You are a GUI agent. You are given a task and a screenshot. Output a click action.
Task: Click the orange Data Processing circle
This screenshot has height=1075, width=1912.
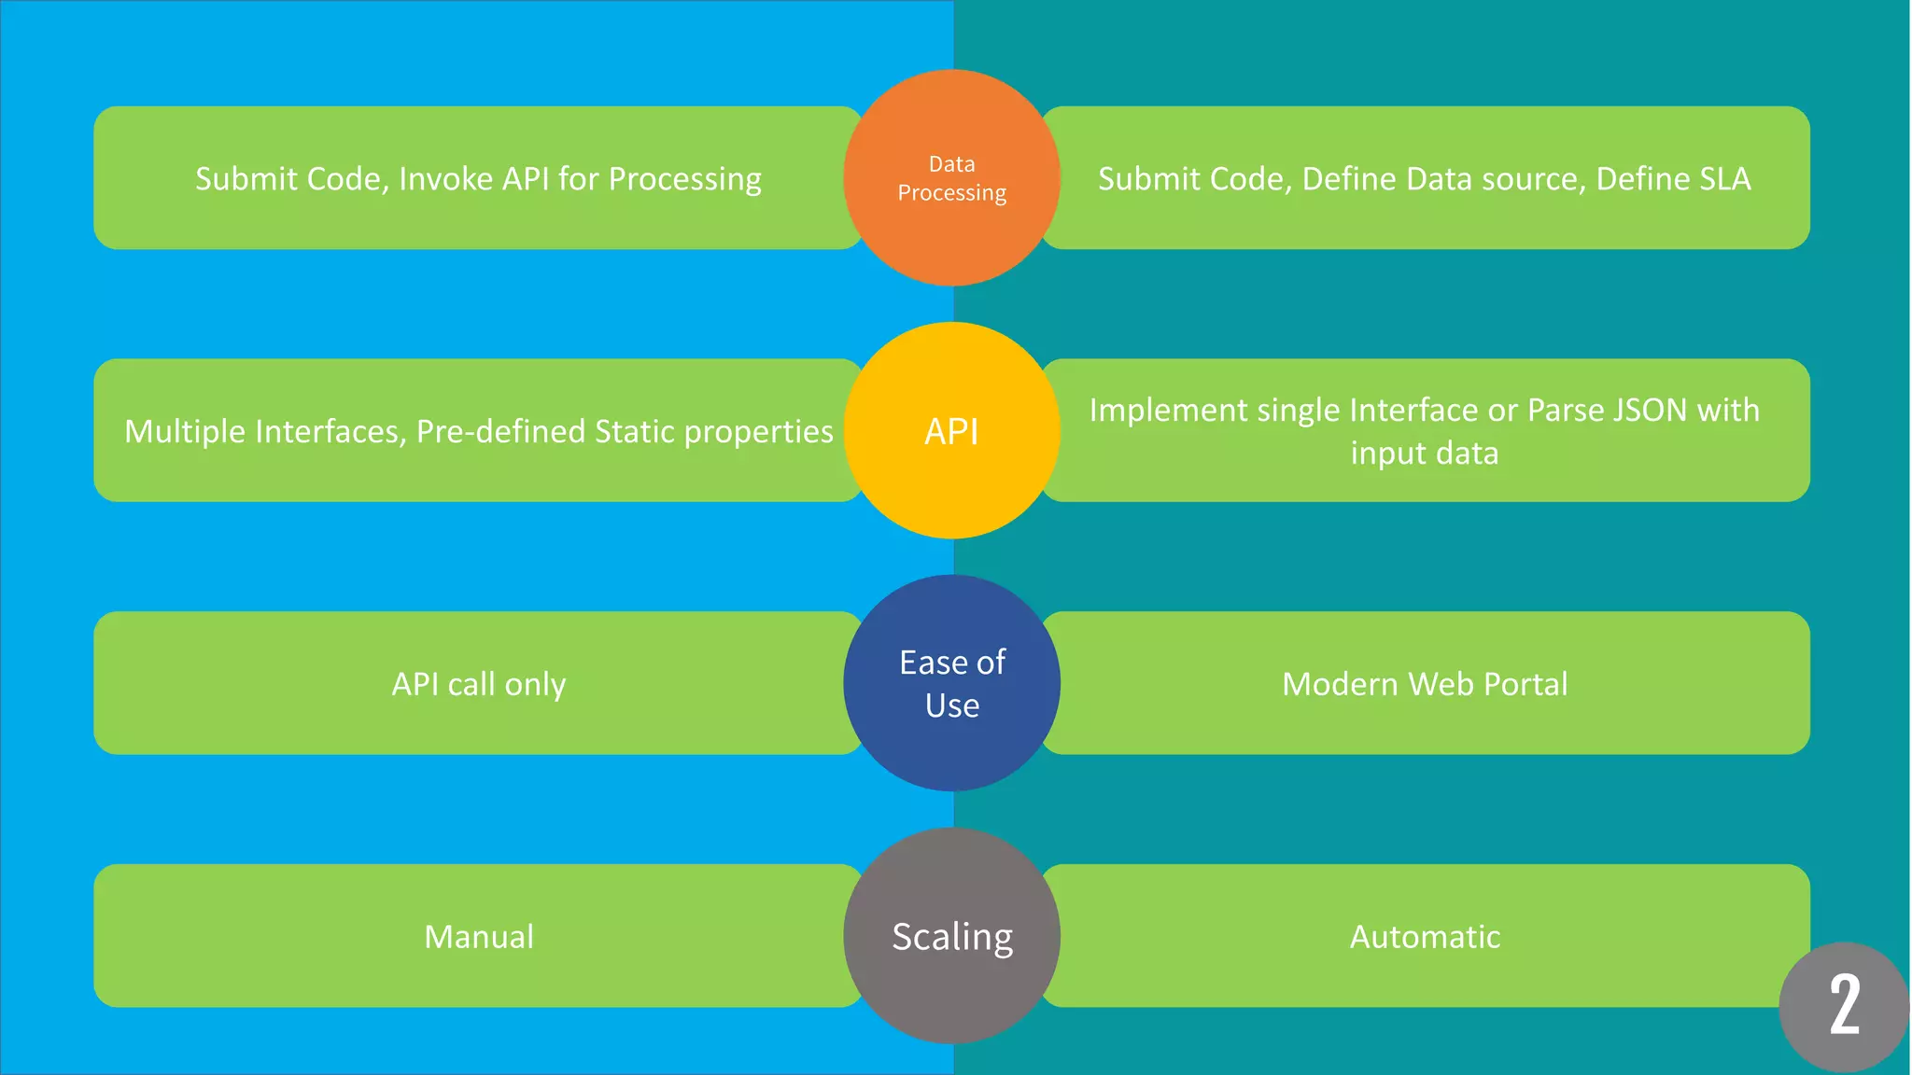[951, 177]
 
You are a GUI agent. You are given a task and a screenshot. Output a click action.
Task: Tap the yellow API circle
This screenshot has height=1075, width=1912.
[951, 430]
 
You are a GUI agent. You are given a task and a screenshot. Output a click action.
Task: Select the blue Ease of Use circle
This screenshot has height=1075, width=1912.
[951, 683]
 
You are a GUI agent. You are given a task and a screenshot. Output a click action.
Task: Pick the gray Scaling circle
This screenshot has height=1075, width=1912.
[951, 936]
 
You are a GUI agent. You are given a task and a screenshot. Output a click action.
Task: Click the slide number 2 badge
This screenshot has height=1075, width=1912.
[1844, 1006]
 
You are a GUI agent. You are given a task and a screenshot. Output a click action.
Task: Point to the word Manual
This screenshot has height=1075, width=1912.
[479, 936]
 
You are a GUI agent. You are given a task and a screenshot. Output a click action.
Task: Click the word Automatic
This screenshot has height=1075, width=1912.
[1425, 936]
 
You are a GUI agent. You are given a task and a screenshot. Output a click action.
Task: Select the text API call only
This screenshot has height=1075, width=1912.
[479, 684]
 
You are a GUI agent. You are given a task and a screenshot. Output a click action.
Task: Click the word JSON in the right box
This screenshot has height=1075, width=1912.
[1650, 410]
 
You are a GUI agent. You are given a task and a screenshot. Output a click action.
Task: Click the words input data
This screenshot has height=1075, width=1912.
[1425, 454]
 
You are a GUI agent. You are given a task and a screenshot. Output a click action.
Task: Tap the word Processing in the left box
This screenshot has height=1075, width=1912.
[684, 179]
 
